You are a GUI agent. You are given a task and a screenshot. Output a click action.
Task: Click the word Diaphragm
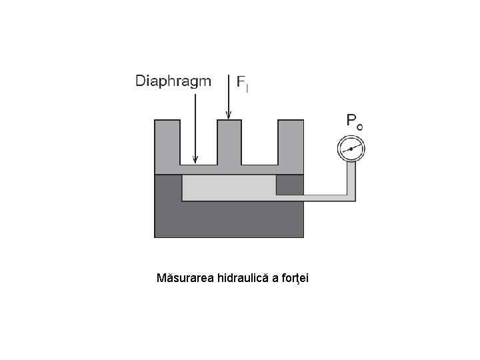173,82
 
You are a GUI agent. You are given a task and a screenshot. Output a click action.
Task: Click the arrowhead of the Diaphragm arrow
195,160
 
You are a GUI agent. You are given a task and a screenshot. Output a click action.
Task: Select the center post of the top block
229,141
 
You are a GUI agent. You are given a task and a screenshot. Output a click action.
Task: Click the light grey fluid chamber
229,188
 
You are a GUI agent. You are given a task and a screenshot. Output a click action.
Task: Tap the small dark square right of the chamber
290,185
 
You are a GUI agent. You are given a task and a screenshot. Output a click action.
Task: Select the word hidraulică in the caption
243,277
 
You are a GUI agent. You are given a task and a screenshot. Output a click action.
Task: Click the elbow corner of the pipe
351,197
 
